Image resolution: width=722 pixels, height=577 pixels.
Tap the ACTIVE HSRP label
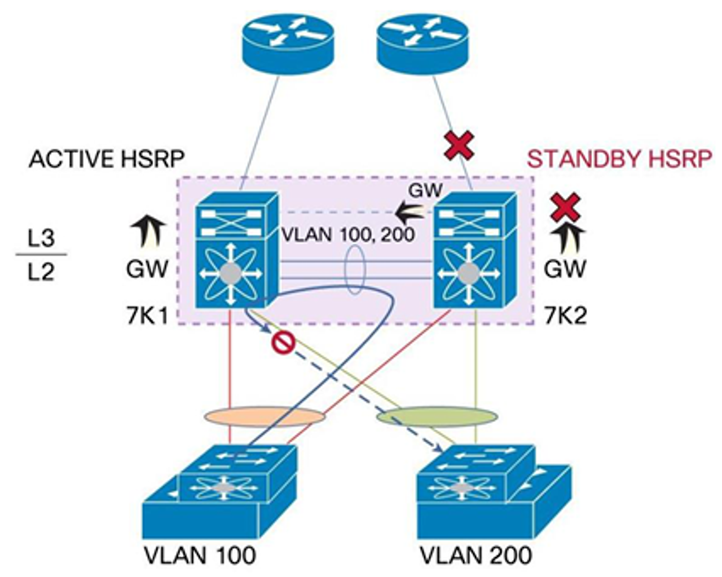click(x=107, y=159)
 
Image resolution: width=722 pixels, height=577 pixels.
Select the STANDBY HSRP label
click(x=619, y=159)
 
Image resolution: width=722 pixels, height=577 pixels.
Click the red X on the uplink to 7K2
click(x=459, y=146)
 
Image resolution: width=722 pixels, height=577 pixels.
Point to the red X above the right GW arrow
click(x=566, y=207)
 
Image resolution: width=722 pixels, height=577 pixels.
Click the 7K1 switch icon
click(x=237, y=251)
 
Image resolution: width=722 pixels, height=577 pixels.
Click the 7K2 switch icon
click(x=475, y=251)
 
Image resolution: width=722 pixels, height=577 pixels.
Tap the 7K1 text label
click(x=147, y=316)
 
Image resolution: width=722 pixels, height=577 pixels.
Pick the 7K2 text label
click(x=566, y=316)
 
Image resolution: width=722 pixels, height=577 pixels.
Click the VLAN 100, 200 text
click(x=348, y=233)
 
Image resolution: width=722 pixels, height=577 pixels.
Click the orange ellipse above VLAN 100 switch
click(x=264, y=418)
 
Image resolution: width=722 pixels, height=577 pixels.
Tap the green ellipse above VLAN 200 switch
click(x=437, y=418)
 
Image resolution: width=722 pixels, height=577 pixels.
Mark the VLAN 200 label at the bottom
click(x=476, y=556)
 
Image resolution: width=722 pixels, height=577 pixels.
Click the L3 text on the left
click(x=42, y=238)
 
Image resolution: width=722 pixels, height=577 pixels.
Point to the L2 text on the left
click(x=42, y=272)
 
